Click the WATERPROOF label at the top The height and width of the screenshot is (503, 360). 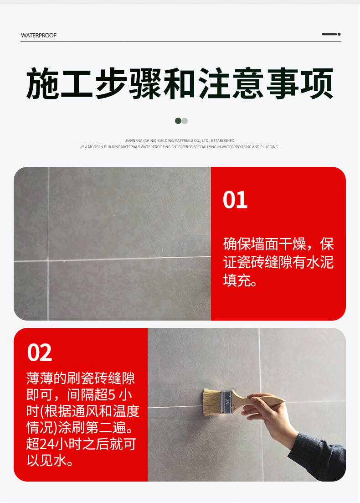tap(38, 35)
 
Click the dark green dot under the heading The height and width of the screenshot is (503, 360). tap(178, 121)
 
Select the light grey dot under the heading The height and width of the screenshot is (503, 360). tap(185, 121)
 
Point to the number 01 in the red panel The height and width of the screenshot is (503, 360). tap(235, 200)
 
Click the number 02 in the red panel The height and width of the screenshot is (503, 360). tap(40, 353)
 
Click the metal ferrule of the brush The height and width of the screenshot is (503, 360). tap(226, 402)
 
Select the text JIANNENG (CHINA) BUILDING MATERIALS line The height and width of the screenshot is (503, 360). tap(180, 140)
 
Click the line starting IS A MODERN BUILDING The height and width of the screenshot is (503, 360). tap(180, 147)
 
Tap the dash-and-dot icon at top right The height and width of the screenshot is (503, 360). tap(331, 34)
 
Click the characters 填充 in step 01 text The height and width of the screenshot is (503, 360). tap(237, 280)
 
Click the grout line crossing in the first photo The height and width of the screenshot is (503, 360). tap(48, 260)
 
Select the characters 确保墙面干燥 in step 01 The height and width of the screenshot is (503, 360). tap(265, 244)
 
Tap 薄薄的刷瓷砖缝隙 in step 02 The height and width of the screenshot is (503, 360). tap(81, 378)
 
